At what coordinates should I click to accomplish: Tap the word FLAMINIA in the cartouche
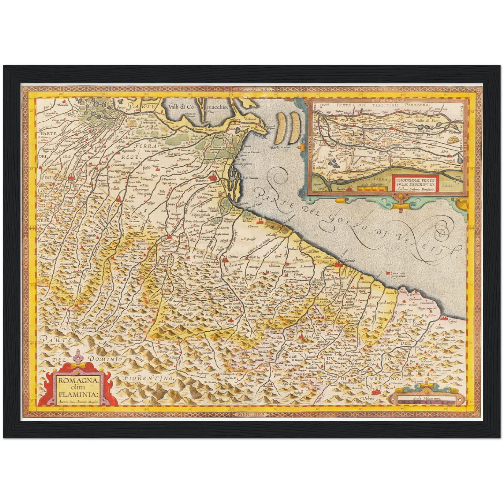click(78, 395)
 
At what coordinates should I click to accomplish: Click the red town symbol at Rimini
click(337, 265)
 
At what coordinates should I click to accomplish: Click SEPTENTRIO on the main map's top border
click(253, 89)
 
